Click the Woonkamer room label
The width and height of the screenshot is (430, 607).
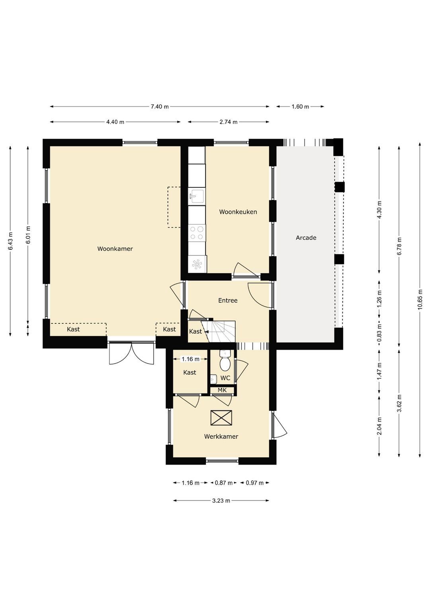click(115, 249)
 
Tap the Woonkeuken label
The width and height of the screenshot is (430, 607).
click(238, 212)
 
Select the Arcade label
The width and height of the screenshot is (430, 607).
click(306, 237)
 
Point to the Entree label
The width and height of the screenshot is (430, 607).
click(228, 300)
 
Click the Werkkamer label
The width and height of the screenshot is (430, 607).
click(221, 436)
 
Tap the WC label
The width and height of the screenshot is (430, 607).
click(225, 378)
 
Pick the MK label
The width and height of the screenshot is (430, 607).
click(222, 390)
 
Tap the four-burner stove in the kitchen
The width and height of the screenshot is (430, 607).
click(197, 233)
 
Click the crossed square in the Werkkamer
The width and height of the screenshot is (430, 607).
click(221, 418)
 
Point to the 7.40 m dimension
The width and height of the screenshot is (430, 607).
click(160, 107)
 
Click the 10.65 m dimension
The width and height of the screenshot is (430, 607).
click(420, 300)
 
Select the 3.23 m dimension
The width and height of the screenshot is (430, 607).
click(221, 500)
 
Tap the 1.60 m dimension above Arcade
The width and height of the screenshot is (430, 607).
click(300, 107)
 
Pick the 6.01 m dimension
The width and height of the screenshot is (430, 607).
click(28, 234)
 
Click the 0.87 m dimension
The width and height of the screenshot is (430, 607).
click(223, 482)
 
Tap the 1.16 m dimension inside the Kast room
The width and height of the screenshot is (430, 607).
click(190, 359)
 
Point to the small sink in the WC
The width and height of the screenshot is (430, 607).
click(213, 379)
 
